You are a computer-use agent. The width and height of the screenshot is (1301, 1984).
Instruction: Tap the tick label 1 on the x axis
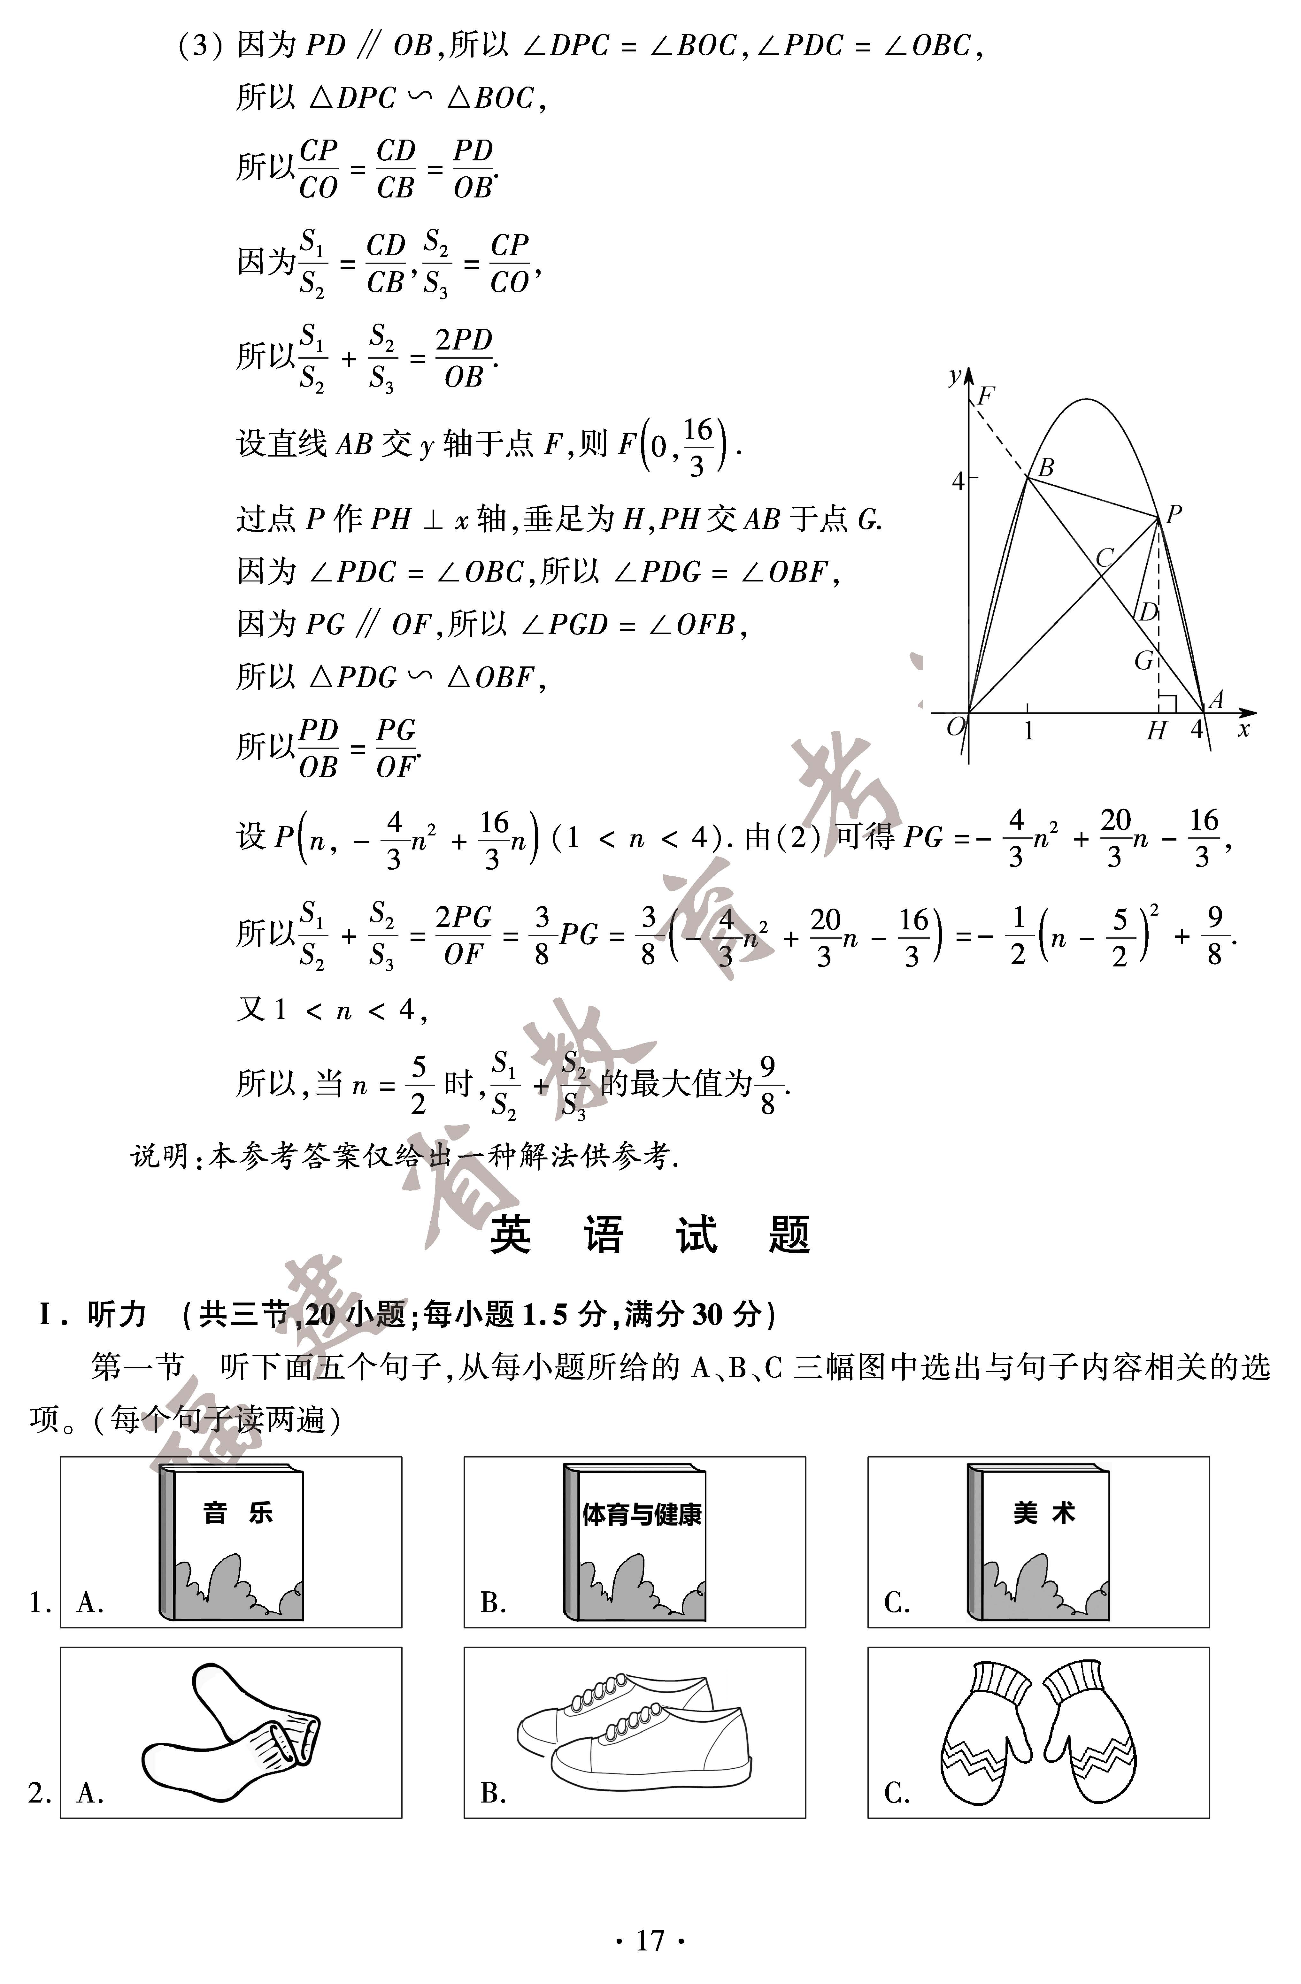(x=1028, y=731)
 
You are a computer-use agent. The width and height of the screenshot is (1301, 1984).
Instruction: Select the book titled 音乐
(x=231, y=1543)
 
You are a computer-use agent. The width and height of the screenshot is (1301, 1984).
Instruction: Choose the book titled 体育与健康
(x=635, y=1543)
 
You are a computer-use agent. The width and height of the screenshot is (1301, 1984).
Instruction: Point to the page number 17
(x=650, y=1942)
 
